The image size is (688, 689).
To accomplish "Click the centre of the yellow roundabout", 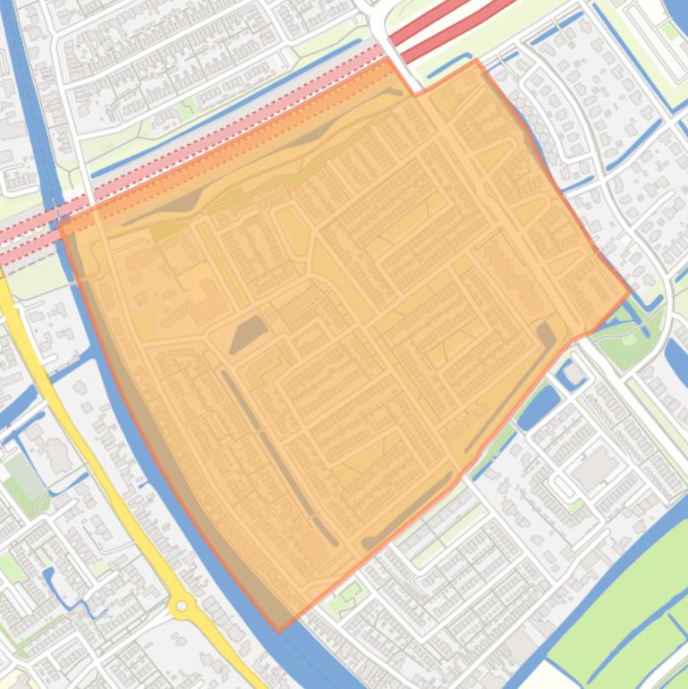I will [x=183, y=607].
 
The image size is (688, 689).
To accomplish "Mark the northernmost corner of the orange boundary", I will [x=475, y=60].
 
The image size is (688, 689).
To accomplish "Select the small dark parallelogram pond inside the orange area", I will [x=248, y=334].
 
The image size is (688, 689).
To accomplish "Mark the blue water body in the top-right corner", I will [x=675, y=11].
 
